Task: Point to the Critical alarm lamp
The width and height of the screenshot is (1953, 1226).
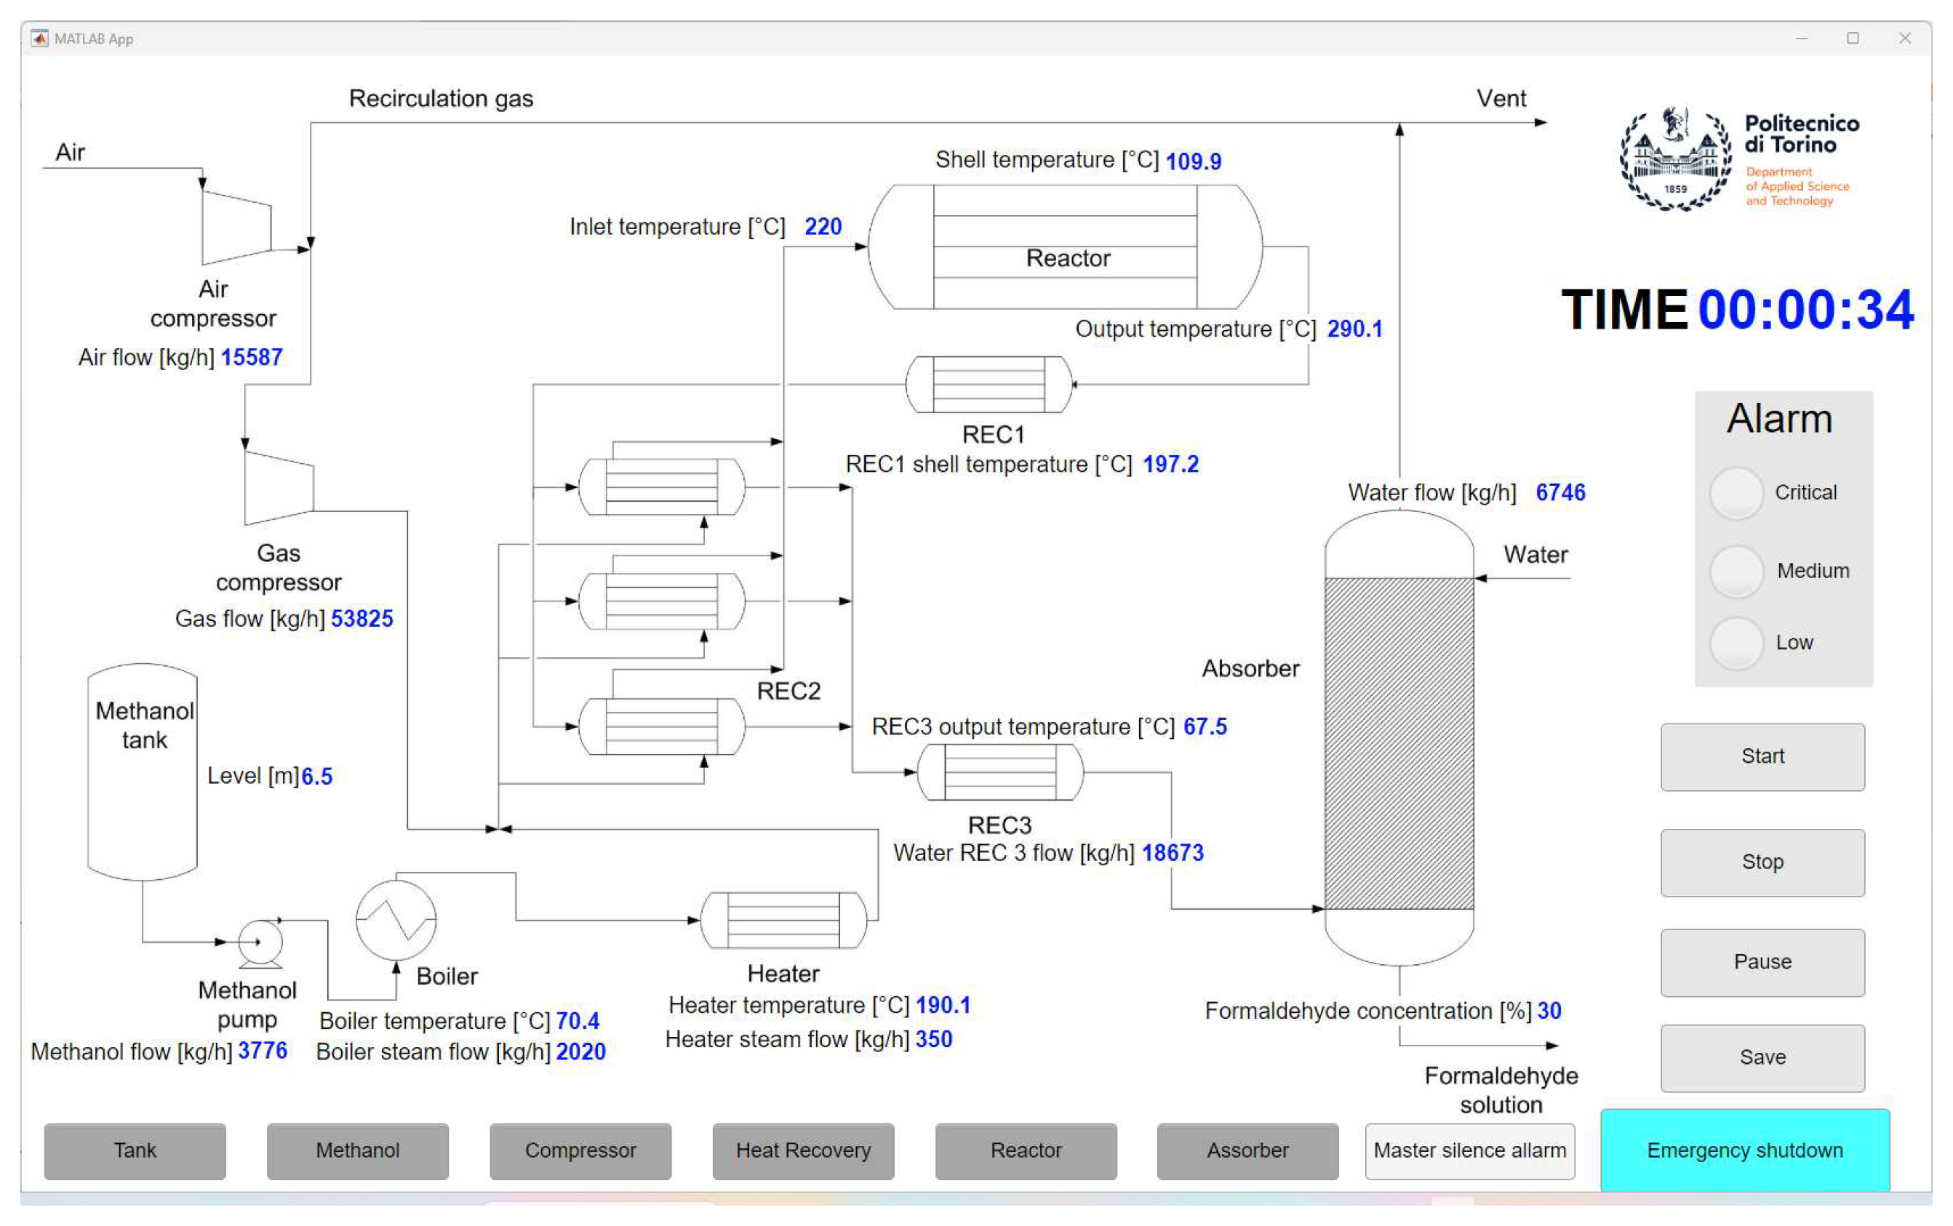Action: tap(1736, 493)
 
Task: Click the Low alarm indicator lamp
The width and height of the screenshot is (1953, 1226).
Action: tap(1736, 643)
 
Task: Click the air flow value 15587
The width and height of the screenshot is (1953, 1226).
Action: tap(252, 358)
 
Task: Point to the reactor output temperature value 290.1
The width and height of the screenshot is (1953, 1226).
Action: tap(1354, 329)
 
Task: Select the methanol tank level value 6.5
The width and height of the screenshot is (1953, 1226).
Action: tap(316, 777)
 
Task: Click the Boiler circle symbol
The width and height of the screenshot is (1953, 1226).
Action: tap(396, 921)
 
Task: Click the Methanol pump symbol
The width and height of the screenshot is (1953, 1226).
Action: tap(260, 943)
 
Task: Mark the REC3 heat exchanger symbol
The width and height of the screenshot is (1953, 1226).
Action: tap(999, 773)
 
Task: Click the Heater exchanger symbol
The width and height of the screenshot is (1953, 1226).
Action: tap(783, 921)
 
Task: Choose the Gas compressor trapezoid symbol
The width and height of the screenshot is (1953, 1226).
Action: tap(278, 488)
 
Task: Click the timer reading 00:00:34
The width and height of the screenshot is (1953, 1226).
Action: tap(1805, 310)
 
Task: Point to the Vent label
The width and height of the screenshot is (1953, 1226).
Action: tap(1501, 99)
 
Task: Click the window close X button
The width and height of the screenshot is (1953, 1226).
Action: tap(1904, 38)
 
